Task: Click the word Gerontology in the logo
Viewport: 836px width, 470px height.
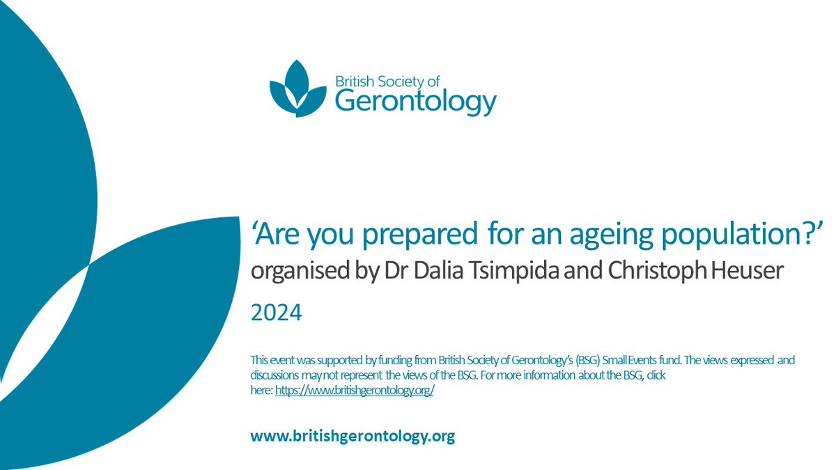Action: tap(416, 102)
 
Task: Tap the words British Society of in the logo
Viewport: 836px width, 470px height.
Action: tap(384, 81)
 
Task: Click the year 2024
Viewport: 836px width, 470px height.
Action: tap(277, 314)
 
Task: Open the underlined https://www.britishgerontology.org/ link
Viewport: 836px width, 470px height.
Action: tap(355, 391)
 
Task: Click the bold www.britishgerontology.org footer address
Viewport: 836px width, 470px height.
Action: tap(353, 437)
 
